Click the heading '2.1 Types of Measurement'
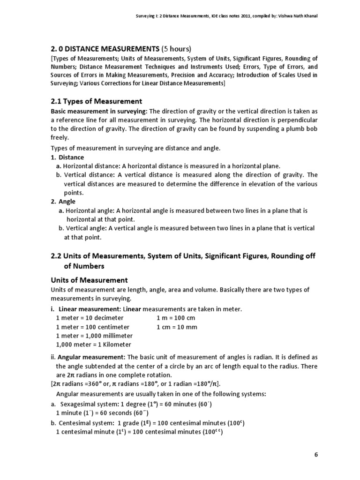point(96,101)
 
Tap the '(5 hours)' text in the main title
point(177,49)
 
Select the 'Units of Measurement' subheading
point(89,280)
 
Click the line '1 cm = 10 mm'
point(177,327)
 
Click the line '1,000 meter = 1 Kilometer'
point(94,345)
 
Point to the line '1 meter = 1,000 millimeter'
point(94,336)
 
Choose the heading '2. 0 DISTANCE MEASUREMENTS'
point(105,49)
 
